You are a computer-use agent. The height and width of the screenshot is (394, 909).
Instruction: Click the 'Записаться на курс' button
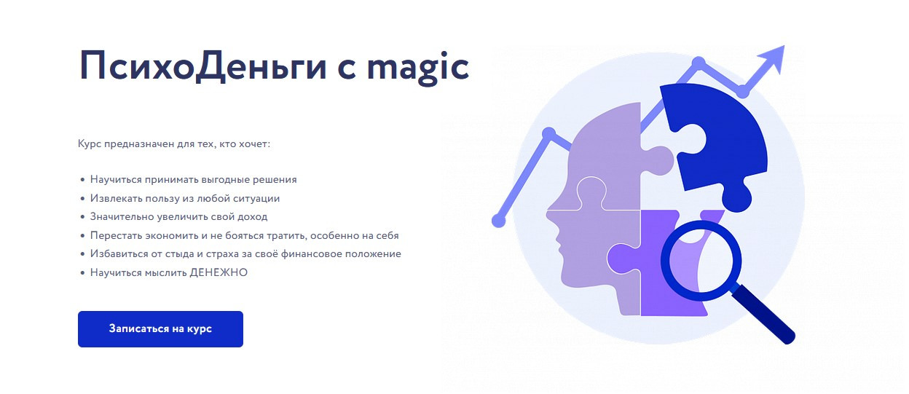[x=160, y=329]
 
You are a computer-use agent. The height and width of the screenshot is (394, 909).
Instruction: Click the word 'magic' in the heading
[x=418, y=67]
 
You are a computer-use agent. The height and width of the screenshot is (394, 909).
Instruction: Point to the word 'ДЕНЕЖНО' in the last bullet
[x=219, y=272]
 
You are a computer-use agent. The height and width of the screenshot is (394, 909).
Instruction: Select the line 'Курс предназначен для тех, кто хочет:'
[x=173, y=144]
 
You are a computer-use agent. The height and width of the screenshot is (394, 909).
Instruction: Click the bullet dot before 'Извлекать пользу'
[x=83, y=199]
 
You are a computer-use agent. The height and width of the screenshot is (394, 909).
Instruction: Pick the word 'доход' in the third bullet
[x=253, y=217]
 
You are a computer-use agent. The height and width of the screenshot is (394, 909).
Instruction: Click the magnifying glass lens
[x=701, y=261]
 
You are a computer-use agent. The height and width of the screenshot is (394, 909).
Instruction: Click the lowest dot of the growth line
[x=499, y=221]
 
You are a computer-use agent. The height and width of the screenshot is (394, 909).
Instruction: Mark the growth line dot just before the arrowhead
[x=743, y=92]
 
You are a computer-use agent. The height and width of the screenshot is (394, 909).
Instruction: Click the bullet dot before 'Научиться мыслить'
[x=83, y=273]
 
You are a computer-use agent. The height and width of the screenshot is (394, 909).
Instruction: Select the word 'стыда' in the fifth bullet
[x=179, y=254]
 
